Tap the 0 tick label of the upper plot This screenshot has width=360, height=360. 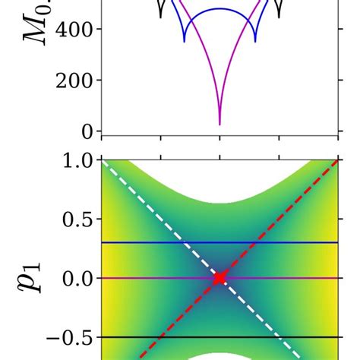87,131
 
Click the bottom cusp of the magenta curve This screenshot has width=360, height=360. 219,125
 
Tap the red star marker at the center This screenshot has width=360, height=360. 219,279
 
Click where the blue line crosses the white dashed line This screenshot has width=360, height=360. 184,243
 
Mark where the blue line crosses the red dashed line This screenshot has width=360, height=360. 255,243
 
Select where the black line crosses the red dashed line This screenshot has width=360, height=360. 160,337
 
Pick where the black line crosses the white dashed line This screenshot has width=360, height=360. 279,337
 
